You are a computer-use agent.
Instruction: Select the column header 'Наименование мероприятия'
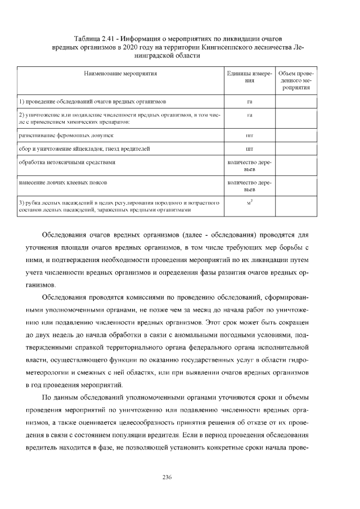point(120,74)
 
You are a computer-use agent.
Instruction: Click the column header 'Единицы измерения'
point(249,78)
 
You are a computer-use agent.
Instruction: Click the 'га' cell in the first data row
point(249,102)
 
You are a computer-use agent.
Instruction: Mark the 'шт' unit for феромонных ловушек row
point(249,136)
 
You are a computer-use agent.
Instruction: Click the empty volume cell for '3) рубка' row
point(296,206)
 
